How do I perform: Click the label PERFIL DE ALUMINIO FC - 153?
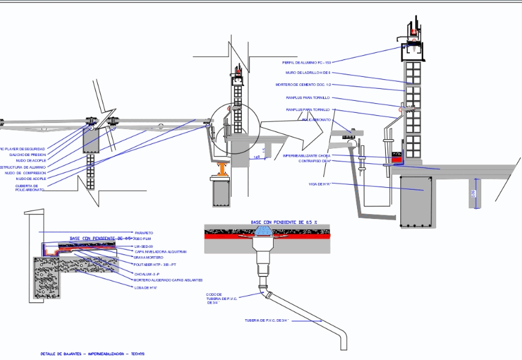[307, 62]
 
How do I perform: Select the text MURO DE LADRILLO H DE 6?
[308, 73]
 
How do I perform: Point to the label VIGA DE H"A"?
[320, 184]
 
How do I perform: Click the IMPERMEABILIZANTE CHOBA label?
[307, 156]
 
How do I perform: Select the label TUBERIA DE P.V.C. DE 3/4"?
[267, 320]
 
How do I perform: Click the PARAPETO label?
[143, 233]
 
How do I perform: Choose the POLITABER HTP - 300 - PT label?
[155, 264]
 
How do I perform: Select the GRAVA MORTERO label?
[148, 257]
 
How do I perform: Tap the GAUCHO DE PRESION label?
[27, 155]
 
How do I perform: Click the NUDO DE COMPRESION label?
[25, 173]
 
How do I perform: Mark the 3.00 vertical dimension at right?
[474, 194]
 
